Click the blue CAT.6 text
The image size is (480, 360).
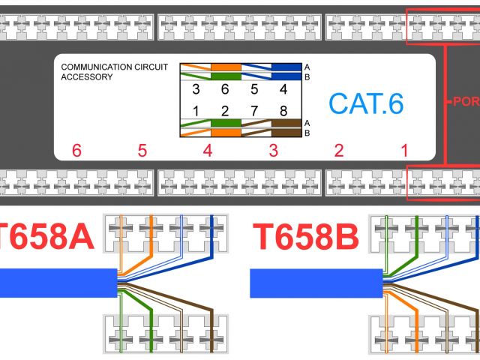point(366,103)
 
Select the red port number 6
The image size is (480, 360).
point(76,151)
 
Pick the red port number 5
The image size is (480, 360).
point(142,151)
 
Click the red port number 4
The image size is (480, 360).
point(208,151)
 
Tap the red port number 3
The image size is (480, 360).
point(273,151)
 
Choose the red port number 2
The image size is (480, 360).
point(339,151)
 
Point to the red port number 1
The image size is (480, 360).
point(404,151)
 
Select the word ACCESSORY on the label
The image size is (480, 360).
point(87,76)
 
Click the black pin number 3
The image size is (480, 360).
point(196,89)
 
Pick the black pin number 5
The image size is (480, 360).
point(255,89)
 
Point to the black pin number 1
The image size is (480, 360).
point(196,111)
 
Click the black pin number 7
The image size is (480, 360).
point(255,111)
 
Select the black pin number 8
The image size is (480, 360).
point(283,111)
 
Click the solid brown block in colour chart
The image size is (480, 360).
point(285,122)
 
